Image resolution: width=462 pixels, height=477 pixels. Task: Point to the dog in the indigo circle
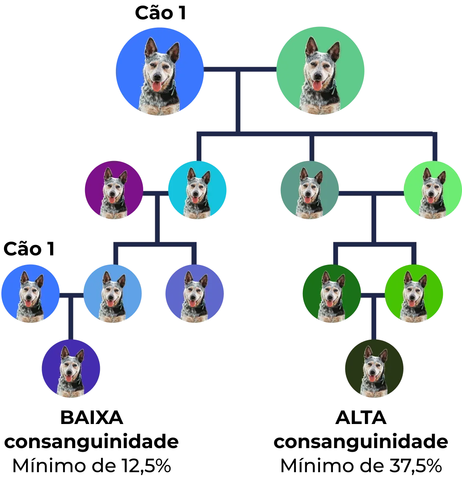pyautogui.click(x=71, y=369)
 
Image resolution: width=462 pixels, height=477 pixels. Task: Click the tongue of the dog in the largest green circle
pyautogui.click(x=318, y=85)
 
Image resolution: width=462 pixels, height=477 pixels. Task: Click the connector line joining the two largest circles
pyautogui.click(x=240, y=69)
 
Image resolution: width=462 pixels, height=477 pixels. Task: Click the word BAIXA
pyautogui.click(x=92, y=417)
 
